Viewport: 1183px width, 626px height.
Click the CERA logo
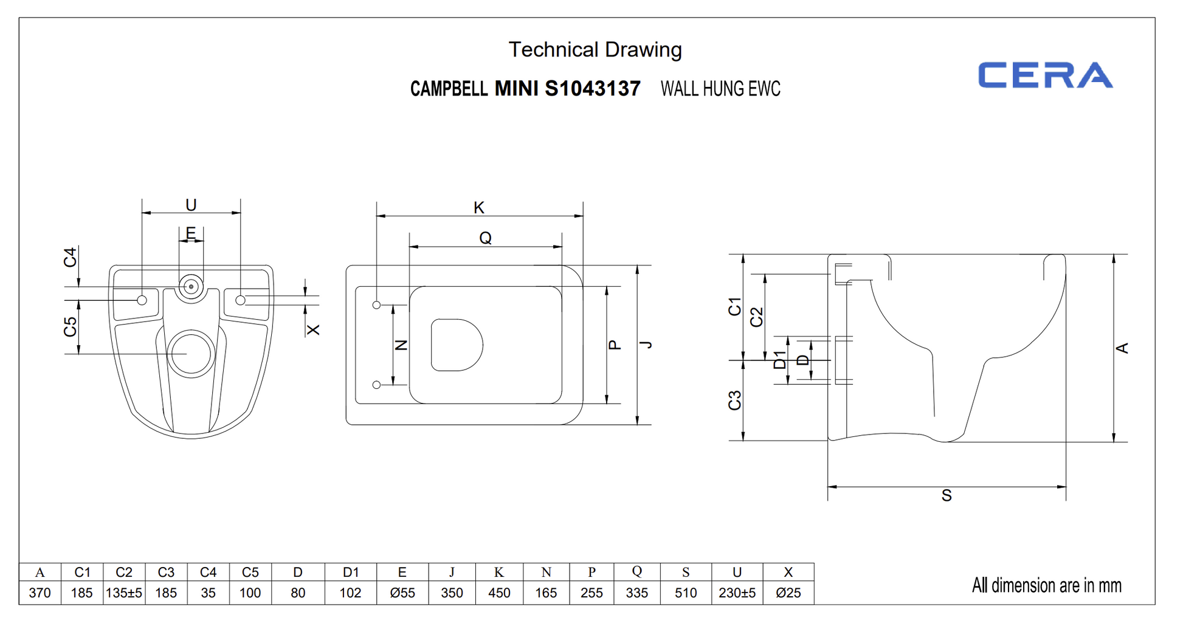(x=1044, y=75)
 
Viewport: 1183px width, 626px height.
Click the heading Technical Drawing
(x=595, y=50)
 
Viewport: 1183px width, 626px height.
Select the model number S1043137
(x=592, y=89)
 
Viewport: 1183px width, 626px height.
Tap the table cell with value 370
(x=40, y=593)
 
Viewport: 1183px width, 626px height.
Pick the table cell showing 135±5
(x=124, y=593)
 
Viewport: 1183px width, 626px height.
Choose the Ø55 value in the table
(x=402, y=593)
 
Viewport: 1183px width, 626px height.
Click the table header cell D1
(x=351, y=573)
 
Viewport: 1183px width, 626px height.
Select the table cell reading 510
(x=685, y=593)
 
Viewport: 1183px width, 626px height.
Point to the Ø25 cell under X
(x=788, y=593)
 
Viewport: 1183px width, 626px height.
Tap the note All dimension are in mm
(x=1046, y=585)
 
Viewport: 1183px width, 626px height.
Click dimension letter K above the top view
(x=479, y=208)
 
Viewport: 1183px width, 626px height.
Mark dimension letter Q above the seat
(x=485, y=238)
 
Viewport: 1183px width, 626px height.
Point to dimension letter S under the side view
(x=947, y=496)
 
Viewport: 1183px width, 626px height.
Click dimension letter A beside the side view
(x=1122, y=348)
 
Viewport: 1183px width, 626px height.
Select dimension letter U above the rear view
(x=191, y=205)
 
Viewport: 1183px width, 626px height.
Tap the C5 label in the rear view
(x=71, y=327)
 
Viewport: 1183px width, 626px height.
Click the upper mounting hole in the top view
(x=376, y=305)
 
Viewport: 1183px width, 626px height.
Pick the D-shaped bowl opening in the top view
(x=456, y=345)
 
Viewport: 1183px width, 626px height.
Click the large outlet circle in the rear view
(x=191, y=354)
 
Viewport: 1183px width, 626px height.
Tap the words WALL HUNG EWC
(x=720, y=89)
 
